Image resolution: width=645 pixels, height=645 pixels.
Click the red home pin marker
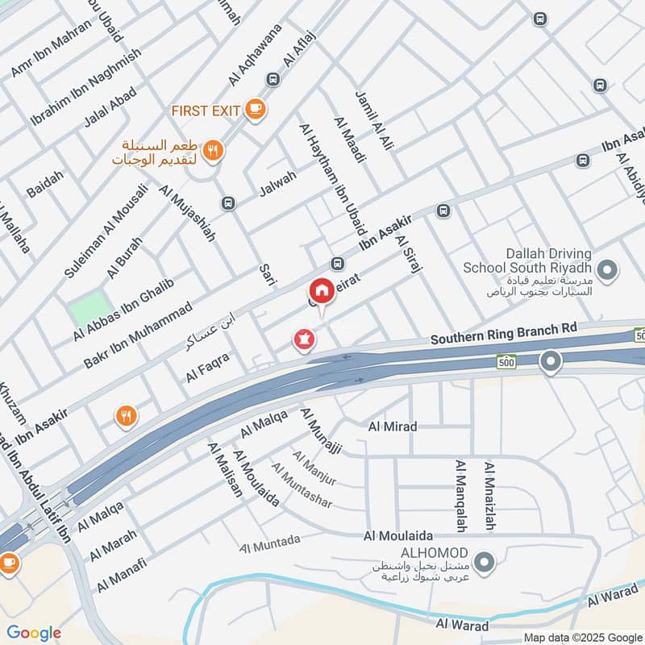click(x=321, y=291)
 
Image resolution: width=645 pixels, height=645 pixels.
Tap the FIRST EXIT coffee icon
click(x=255, y=109)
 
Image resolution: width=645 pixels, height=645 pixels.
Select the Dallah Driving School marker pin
click(x=608, y=270)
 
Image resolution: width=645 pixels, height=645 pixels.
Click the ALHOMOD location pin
click(x=484, y=562)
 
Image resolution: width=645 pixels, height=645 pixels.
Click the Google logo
click(x=33, y=633)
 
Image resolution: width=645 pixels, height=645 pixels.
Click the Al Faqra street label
click(x=207, y=367)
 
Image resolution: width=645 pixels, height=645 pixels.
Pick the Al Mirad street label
click(x=393, y=426)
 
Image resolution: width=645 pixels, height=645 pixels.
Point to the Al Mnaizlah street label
click(x=489, y=497)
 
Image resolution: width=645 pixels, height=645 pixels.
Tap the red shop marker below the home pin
click(x=304, y=341)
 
